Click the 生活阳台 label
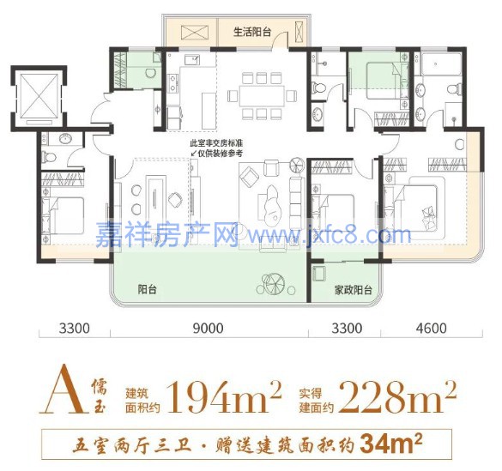[x=252, y=33]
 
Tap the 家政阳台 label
[x=354, y=290]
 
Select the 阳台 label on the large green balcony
[x=147, y=290]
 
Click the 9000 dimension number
[x=209, y=329]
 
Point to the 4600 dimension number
[x=431, y=329]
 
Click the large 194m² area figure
[x=224, y=396]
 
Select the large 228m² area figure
[x=397, y=396]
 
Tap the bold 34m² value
[x=391, y=444]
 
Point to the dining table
[x=261, y=96]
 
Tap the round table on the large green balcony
[x=272, y=283]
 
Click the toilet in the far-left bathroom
[x=50, y=157]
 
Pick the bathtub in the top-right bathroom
[x=441, y=64]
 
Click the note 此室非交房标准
[x=216, y=142]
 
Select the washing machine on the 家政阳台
[x=319, y=274]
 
